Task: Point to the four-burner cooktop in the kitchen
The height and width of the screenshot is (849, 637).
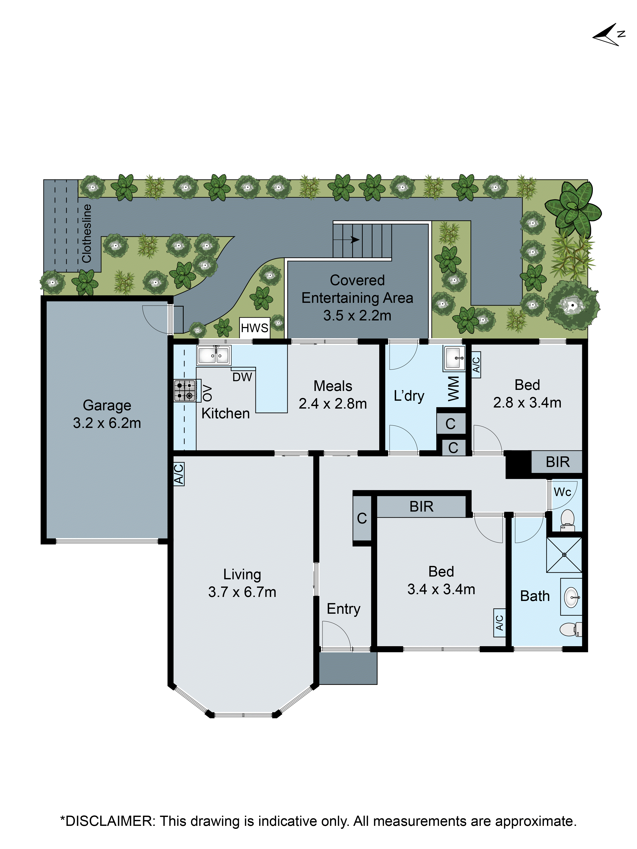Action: (185, 390)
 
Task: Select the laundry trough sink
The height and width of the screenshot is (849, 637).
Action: (454, 358)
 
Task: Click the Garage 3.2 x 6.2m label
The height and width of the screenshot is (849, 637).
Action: (107, 414)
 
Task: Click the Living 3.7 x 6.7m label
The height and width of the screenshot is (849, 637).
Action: (242, 583)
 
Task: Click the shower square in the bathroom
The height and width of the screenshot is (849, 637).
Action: (564, 555)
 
